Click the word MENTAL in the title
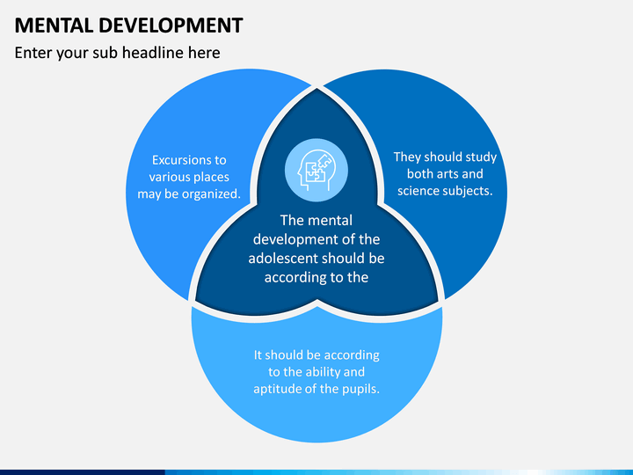coord(54,26)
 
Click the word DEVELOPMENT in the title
coord(171,26)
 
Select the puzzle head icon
coord(316,170)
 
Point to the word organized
coord(211,194)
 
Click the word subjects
coord(469,191)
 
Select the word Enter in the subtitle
coord(33,53)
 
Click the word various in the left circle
coord(169,178)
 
